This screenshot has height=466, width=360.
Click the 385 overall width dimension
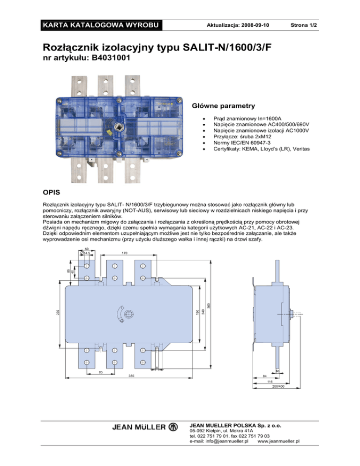coord(132,376)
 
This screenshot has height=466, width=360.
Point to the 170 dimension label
coord(124,253)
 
